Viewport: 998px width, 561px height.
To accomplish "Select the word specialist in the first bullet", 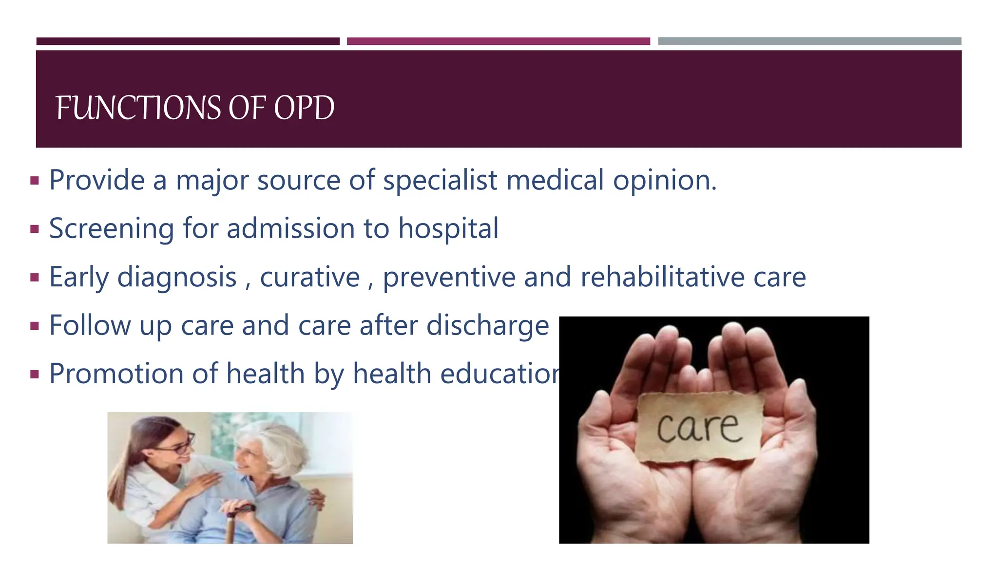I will pos(440,180).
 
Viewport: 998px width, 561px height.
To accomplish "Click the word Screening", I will pos(112,228).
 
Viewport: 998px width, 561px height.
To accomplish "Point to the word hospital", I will pos(448,228).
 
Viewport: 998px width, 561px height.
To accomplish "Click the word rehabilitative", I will pos(662,277).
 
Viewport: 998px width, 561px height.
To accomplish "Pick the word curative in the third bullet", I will pos(309,277).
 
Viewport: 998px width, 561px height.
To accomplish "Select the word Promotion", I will pos(116,374).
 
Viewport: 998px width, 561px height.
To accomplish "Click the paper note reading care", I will pos(699,427).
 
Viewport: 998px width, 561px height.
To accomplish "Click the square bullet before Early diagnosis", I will pos(34,278).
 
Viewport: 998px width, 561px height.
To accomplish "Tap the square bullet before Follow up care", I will pos(34,326).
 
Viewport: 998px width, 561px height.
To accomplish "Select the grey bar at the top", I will pos(809,41).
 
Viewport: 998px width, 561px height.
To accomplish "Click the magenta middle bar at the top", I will pos(498,41).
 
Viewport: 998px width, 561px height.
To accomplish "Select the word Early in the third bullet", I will pos(78,277).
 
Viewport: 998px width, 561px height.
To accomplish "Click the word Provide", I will pos(97,180).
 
